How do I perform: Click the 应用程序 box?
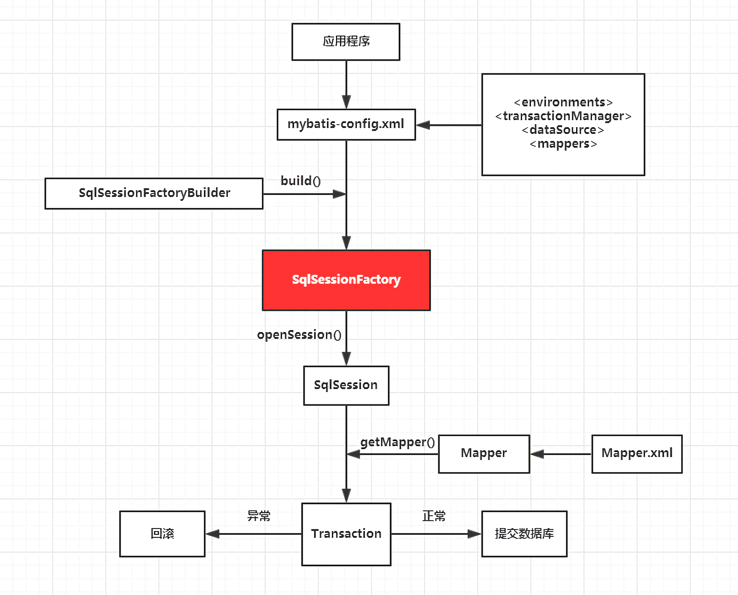point(346,42)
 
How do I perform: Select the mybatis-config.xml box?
point(346,124)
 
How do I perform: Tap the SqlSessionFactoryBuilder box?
point(154,193)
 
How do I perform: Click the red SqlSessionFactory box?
point(346,280)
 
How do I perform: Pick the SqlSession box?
point(346,385)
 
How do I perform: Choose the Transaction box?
point(346,534)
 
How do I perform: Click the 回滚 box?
point(162,533)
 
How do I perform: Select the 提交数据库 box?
point(524,533)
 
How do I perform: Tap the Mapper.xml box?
point(637,454)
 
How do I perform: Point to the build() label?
point(301,181)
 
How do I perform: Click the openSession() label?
point(299,335)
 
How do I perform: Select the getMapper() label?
point(398,442)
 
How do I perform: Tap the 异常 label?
point(259,516)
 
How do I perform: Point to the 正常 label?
point(434,516)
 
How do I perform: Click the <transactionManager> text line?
point(563,116)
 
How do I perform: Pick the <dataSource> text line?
point(563,130)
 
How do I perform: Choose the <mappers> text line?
point(563,144)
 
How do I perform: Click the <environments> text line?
point(563,102)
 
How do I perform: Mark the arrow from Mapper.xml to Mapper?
point(560,454)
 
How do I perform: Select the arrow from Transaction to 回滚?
point(253,534)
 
